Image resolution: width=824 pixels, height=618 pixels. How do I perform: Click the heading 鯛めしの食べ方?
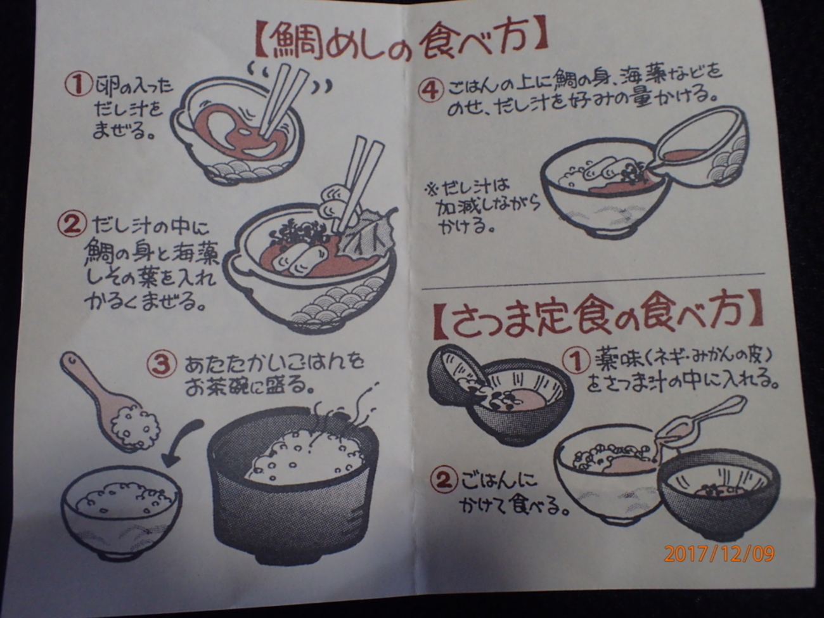tap(402, 43)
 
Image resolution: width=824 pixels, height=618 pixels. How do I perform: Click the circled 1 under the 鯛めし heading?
tap(78, 85)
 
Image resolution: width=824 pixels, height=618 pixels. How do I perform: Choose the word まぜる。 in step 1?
tap(123, 131)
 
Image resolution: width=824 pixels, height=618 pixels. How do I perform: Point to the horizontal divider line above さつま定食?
tap(593, 281)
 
